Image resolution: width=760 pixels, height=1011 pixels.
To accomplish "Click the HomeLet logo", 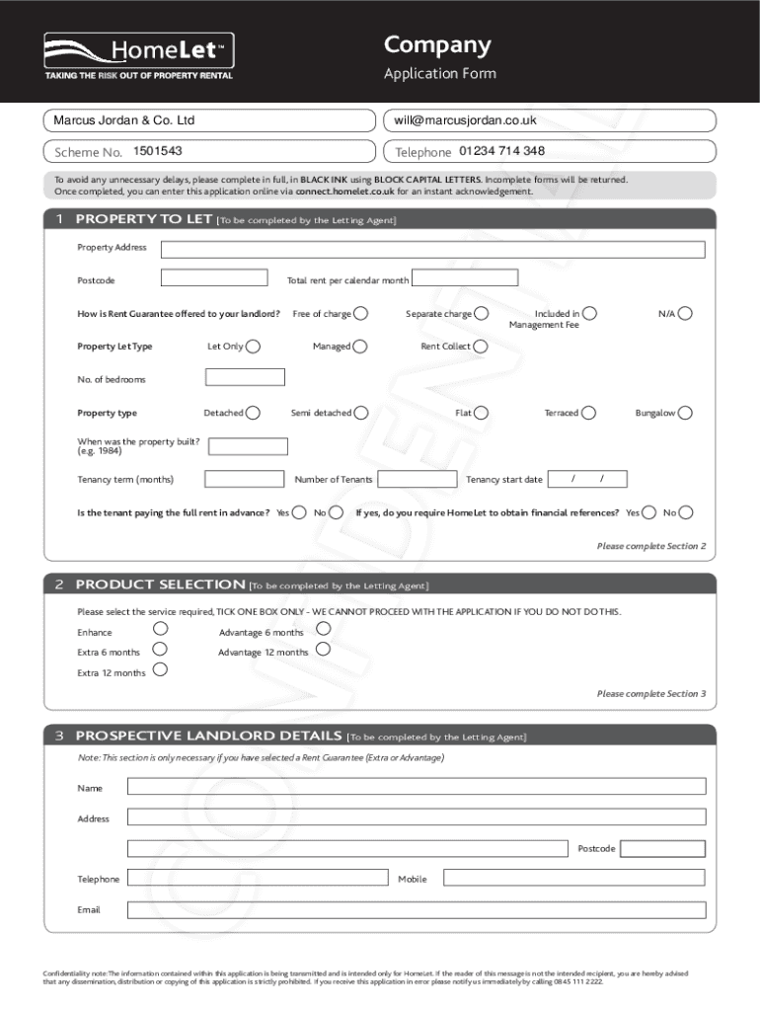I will tap(138, 52).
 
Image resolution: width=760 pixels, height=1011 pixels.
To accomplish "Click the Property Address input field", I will tap(432, 248).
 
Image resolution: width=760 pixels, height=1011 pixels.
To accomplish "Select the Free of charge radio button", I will tap(361, 313).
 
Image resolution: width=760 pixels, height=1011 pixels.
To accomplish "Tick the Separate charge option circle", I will tap(481, 313).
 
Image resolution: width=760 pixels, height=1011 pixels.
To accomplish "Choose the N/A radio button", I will tap(685, 313).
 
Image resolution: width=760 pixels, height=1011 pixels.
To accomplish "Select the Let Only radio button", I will tap(254, 346).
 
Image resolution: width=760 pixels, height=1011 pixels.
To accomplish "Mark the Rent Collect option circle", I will tap(480, 346).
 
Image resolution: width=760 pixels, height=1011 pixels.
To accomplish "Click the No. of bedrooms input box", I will tap(245, 377).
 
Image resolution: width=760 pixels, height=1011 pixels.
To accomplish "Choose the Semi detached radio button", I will tap(361, 413).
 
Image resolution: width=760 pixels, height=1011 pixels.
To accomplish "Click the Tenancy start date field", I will tap(588, 479).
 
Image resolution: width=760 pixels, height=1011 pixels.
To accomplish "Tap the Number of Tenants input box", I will tap(417, 479).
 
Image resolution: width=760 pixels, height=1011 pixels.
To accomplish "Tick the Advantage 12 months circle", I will tap(323, 649).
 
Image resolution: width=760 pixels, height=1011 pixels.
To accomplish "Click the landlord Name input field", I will tap(417, 786).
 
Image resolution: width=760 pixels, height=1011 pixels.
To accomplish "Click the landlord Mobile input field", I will tap(573, 877).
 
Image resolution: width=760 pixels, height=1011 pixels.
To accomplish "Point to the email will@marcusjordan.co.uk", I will tap(465, 120).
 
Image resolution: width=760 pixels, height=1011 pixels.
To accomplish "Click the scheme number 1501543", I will tap(158, 151).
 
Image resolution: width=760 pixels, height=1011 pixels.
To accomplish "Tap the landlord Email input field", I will tap(417, 909).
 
